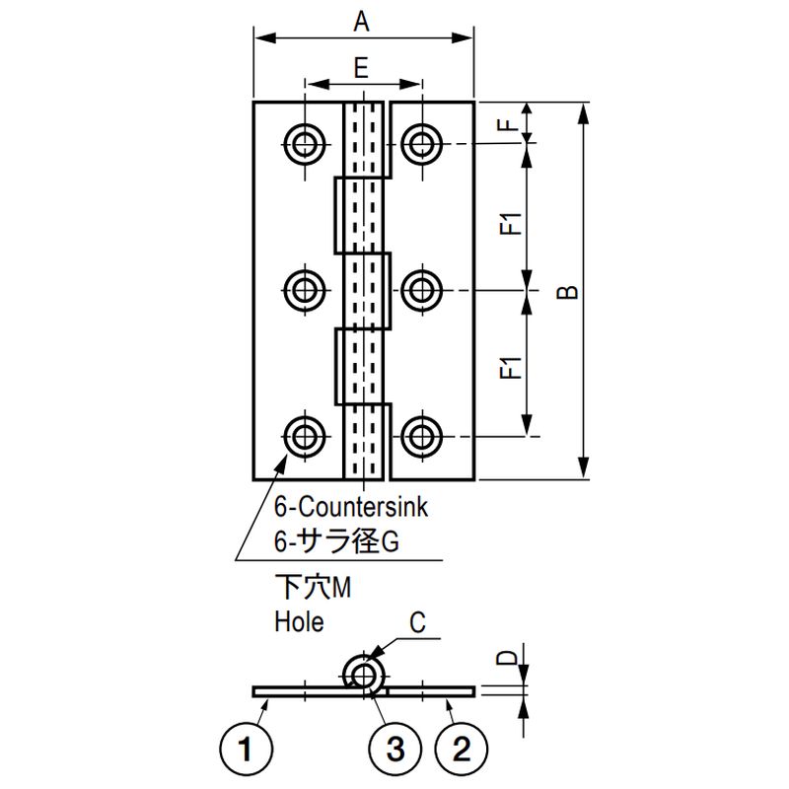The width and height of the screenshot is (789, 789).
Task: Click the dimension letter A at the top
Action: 361,23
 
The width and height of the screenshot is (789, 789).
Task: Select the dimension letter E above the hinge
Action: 361,68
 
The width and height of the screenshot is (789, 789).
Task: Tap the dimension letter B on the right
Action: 568,292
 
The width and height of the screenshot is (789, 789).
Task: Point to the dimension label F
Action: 510,123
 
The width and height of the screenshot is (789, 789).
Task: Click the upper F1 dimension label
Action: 510,224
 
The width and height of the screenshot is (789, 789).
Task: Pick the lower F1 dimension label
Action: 510,367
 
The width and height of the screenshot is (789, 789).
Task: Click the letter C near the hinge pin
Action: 417,622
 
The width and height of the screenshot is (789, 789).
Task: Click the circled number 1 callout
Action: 246,749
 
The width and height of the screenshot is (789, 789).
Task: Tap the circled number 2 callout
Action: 462,749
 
